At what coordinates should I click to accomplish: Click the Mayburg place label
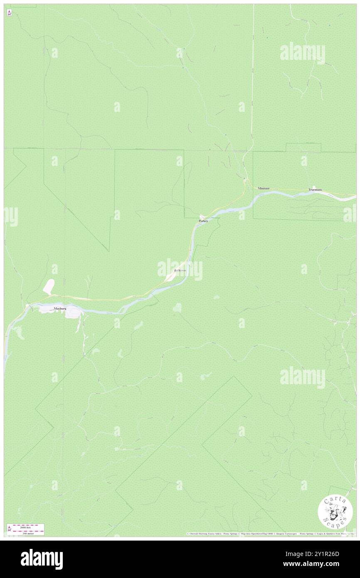pyautogui.click(x=60, y=309)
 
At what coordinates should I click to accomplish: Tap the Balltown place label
pyautogui.click(x=180, y=270)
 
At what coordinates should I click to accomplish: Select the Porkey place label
pyautogui.click(x=203, y=221)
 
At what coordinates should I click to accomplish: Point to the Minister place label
pyautogui.click(x=264, y=188)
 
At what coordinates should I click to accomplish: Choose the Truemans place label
pyautogui.click(x=315, y=190)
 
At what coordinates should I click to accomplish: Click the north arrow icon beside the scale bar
pyautogui.click(x=9, y=529)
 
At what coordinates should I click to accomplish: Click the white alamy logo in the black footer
pyautogui.click(x=42, y=558)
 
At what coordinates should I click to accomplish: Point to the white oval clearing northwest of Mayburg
pyautogui.click(x=49, y=287)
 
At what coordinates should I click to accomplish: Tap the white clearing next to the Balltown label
pyautogui.click(x=170, y=276)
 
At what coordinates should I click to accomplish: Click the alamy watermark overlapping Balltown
pyautogui.click(x=180, y=269)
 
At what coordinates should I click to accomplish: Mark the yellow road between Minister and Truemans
pyautogui.click(x=287, y=190)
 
